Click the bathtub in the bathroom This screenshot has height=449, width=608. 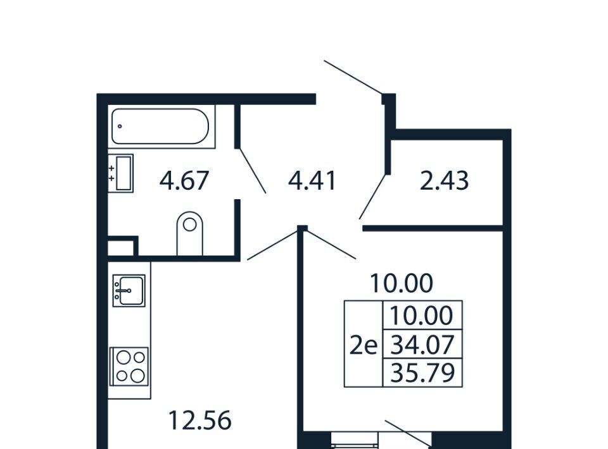160,126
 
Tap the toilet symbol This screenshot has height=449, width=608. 189,233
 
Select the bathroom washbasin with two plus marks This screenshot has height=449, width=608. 120,173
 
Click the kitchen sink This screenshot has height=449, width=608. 129,290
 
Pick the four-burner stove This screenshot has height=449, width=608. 129,366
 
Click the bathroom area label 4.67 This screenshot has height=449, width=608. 184,180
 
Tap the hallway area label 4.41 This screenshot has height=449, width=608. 312,180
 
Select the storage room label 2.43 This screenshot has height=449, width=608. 444,180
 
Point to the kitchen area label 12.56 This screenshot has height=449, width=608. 200,421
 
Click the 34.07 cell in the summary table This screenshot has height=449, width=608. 422,345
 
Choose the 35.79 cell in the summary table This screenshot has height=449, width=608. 422,372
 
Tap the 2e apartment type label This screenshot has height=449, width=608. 364,346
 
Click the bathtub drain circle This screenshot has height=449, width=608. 120,126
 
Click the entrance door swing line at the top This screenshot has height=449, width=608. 353,77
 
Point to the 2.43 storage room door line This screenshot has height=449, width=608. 372,197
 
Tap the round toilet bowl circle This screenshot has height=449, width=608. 189,225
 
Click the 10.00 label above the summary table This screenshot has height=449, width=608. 402,283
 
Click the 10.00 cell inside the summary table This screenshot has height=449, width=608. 422,315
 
